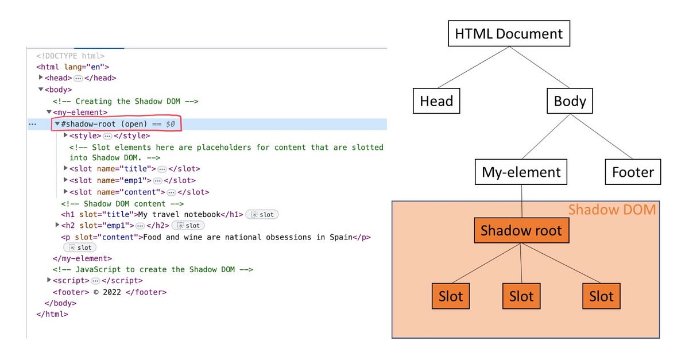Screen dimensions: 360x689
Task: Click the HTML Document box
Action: click(509, 33)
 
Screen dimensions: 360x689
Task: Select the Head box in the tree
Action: click(436, 101)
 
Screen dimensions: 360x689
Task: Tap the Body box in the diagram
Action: click(570, 101)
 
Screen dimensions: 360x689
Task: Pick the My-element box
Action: click(521, 172)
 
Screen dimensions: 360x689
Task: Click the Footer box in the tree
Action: click(633, 172)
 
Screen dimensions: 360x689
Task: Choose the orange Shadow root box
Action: click(521, 231)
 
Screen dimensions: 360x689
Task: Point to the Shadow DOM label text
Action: click(611, 210)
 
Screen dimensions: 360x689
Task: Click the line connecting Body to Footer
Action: click(601, 137)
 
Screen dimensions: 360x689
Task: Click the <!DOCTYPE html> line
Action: click(70, 56)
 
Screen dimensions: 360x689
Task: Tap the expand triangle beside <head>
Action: click(41, 78)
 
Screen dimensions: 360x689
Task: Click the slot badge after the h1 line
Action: click(262, 214)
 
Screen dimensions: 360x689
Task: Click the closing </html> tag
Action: click(52, 314)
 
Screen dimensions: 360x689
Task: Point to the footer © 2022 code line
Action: click(109, 292)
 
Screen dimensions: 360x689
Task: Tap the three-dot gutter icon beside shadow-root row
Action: click(32, 124)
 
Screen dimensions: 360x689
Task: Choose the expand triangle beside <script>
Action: click(49, 280)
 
